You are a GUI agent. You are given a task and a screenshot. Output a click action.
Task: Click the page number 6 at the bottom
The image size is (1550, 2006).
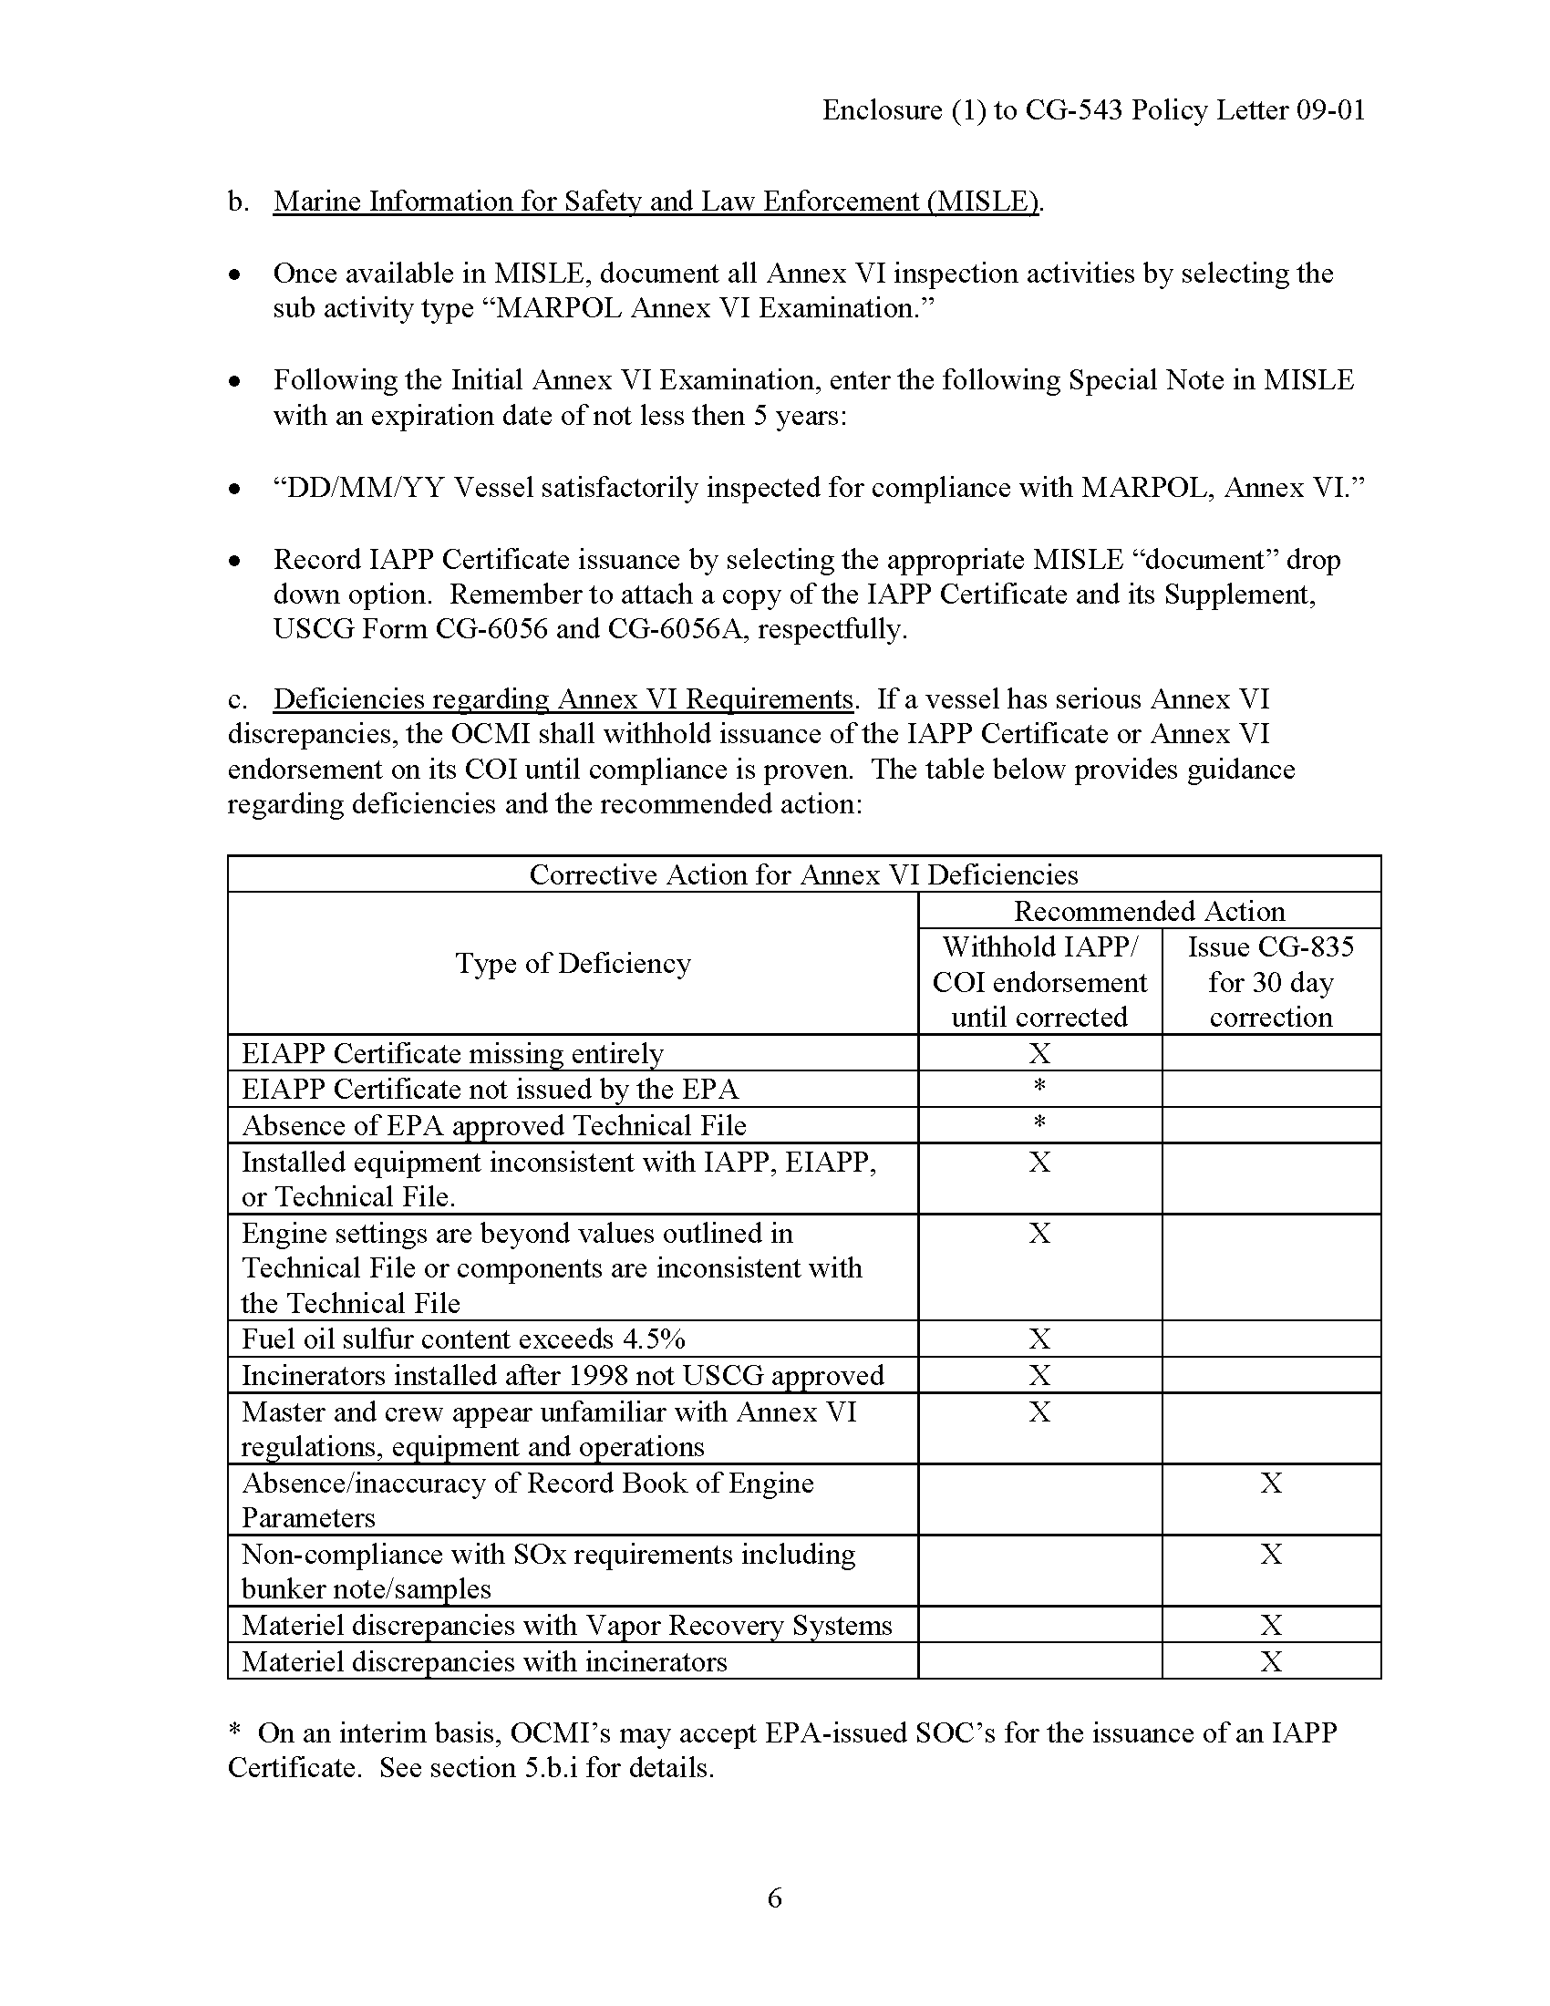pos(774,1897)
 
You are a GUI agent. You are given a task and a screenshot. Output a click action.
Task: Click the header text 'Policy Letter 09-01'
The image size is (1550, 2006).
pos(1248,110)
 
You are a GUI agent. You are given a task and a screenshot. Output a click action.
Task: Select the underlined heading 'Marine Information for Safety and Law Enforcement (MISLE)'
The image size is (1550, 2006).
pos(656,202)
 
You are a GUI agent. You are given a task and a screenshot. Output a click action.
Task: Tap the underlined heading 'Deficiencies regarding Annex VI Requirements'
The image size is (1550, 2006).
pos(563,699)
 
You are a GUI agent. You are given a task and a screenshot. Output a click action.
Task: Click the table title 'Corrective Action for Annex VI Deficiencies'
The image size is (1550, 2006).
pos(803,874)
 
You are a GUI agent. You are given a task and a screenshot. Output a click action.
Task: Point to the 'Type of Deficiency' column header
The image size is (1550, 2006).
pos(573,964)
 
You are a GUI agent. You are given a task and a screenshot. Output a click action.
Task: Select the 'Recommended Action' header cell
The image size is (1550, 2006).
pos(1149,911)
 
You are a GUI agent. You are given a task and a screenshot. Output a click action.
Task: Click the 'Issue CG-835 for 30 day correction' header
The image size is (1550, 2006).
pos(1270,982)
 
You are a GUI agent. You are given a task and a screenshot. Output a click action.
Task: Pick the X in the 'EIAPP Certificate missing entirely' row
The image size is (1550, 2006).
pos(1039,1053)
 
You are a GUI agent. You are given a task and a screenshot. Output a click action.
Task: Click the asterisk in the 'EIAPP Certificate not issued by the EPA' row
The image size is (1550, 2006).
pos(1039,1087)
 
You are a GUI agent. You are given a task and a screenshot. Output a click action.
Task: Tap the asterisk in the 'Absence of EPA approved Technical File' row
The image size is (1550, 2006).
pos(1039,1122)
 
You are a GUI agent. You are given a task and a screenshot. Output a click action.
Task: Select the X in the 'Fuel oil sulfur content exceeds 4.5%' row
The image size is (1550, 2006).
pos(1039,1339)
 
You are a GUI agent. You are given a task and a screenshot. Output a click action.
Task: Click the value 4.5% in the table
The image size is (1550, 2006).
pos(653,1339)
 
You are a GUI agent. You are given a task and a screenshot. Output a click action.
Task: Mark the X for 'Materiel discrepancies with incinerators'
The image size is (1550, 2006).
pos(1271,1661)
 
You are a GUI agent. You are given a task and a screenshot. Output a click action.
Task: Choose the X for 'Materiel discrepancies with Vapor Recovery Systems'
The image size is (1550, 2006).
pos(1271,1626)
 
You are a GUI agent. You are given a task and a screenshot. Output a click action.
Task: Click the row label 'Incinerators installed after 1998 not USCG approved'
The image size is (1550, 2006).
pos(562,1375)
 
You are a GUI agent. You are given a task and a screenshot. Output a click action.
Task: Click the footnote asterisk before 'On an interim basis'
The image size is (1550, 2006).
pos(235,1731)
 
